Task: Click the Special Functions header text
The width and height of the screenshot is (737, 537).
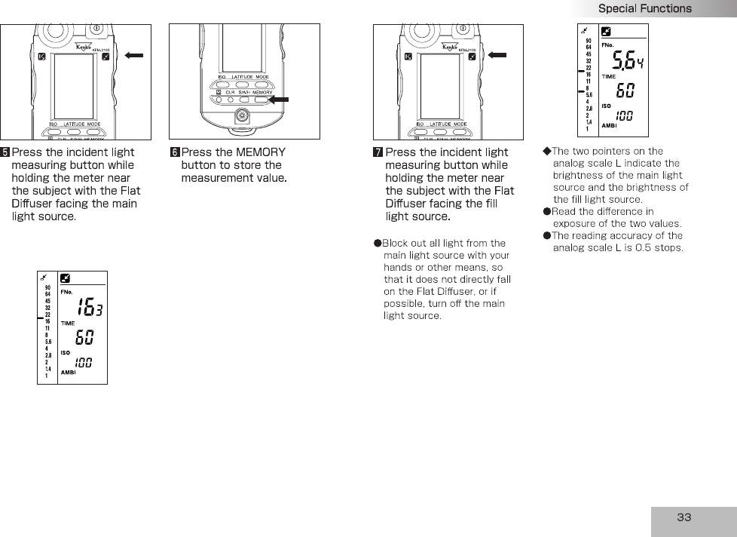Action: (644, 8)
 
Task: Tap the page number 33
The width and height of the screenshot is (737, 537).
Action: (683, 517)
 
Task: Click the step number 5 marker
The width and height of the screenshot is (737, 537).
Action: (5, 152)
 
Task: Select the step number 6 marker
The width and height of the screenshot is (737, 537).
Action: (175, 152)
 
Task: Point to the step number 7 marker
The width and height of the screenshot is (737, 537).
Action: (378, 152)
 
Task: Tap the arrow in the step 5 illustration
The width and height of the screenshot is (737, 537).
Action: (136, 55)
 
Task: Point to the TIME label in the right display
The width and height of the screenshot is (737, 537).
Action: (608, 76)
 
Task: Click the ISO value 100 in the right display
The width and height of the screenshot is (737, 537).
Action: (624, 115)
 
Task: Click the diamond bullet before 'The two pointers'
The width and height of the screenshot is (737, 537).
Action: (547, 151)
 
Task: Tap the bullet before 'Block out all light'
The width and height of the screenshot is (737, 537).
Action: (378, 243)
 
